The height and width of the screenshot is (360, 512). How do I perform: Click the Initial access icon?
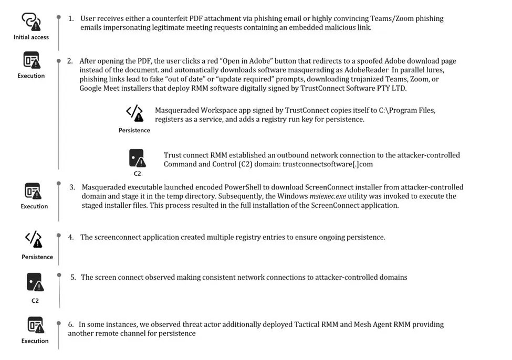pos(31,21)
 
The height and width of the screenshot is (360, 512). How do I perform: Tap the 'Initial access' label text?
pos(31,37)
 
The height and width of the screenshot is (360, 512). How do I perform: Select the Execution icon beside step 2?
pos(32,60)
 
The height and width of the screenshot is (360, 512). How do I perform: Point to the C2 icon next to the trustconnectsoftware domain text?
pos(137,158)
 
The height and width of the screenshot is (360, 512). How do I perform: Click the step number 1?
pos(71,18)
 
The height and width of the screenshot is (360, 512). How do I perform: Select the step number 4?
pos(71,237)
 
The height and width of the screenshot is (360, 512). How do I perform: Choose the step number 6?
pos(71,324)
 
